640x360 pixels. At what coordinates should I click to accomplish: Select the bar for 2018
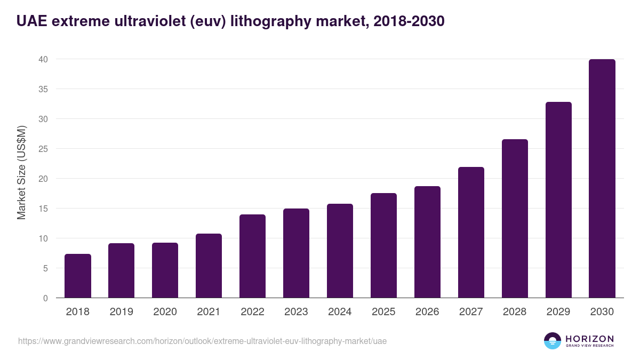(x=78, y=276)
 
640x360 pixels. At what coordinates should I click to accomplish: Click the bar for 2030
(x=602, y=179)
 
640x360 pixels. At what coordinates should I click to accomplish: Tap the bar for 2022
(x=252, y=256)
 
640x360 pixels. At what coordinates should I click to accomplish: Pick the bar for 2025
(x=383, y=245)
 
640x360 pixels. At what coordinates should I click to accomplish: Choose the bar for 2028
(x=515, y=219)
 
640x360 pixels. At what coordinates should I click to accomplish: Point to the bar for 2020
(x=165, y=270)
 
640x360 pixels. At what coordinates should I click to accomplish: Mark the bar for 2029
(x=558, y=200)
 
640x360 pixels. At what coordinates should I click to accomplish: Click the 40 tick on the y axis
(x=43, y=59)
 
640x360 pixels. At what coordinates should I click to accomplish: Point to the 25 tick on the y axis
(x=43, y=149)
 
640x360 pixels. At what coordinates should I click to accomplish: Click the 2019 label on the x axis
(x=121, y=312)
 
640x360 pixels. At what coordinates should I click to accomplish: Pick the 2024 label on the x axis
(x=340, y=312)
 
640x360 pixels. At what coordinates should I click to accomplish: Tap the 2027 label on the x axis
(x=471, y=312)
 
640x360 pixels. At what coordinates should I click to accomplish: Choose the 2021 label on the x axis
(x=209, y=312)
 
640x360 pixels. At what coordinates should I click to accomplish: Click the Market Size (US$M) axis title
(x=22, y=172)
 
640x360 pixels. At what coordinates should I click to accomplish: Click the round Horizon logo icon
(x=553, y=341)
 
